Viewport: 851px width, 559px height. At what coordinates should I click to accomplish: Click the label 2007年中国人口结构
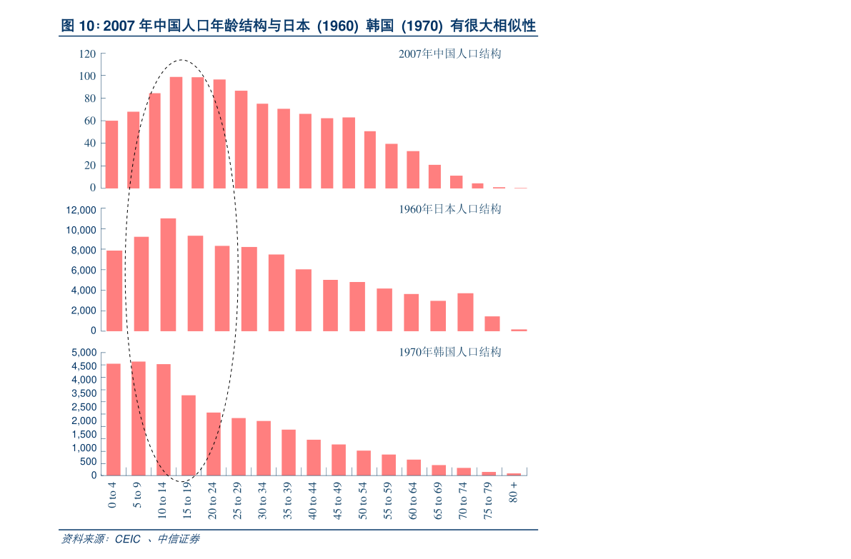click(449, 54)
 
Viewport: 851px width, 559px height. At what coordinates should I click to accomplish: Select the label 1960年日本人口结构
click(449, 209)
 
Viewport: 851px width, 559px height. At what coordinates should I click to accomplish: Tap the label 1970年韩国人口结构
click(449, 352)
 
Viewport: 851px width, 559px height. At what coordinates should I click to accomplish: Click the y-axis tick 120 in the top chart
click(87, 54)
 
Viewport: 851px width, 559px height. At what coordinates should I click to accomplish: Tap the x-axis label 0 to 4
click(111, 495)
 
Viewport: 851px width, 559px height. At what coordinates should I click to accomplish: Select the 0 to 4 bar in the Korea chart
click(113, 419)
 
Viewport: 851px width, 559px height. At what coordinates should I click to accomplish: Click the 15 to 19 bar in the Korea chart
click(189, 435)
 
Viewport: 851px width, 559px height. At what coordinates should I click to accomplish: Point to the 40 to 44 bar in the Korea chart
click(314, 457)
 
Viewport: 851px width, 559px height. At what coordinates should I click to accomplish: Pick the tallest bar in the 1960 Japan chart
click(168, 274)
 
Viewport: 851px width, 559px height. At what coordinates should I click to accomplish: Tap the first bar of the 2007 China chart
click(111, 154)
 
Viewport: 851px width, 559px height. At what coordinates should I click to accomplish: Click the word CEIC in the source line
click(127, 539)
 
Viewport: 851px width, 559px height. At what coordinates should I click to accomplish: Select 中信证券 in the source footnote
click(178, 539)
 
